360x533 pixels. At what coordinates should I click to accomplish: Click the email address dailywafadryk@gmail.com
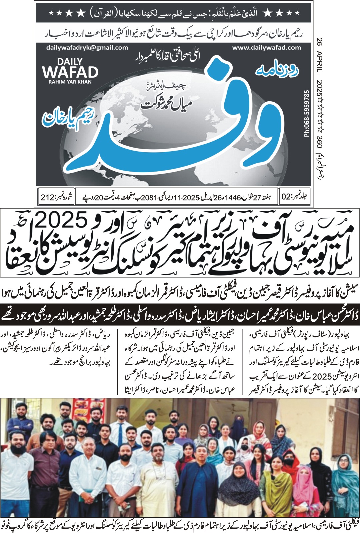(87, 48)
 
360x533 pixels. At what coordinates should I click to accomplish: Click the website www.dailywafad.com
(266, 48)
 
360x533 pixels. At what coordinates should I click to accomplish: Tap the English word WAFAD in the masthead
(70, 72)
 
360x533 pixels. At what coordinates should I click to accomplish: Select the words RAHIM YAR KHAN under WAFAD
(70, 82)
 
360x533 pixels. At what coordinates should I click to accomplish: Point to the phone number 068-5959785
(307, 113)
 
